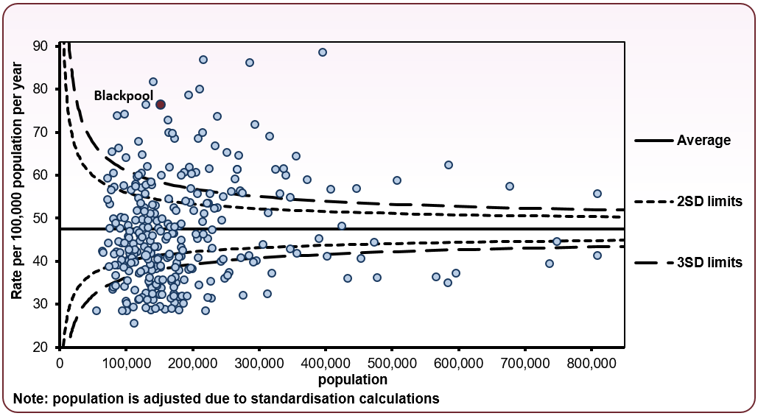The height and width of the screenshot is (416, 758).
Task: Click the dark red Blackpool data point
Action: (x=160, y=105)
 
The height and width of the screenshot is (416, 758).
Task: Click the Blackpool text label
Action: (x=123, y=96)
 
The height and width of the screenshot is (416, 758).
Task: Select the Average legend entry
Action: (x=703, y=141)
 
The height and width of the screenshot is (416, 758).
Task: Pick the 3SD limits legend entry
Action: (x=709, y=262)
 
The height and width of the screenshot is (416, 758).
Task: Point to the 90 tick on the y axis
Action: (x=41, y=46)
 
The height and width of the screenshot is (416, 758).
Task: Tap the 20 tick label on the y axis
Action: (x=41, y=347)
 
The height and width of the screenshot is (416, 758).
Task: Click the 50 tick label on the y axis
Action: (x=41, y=218)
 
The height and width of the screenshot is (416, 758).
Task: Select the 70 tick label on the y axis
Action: (x=41, y=132)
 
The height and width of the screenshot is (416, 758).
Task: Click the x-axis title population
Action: (x=353, y=380)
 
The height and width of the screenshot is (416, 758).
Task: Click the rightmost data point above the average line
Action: (x=597, y=194)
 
